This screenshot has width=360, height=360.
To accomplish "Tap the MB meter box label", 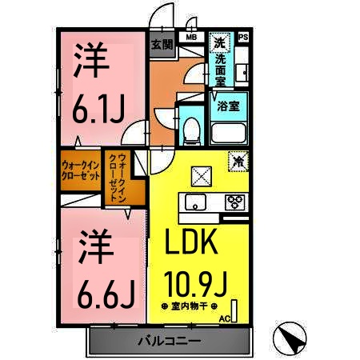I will click(x=192, y=37).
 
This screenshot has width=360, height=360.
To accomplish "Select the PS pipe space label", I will click(x=243, y=37).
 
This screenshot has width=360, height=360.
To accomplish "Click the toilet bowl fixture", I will click(x=192, y=128).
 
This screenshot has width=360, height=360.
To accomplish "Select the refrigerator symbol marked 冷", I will click(x=238, y=161).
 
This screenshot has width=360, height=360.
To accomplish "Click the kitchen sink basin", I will click(x=193, y=201).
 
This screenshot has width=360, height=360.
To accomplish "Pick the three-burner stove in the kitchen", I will click(x=235, y=202).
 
